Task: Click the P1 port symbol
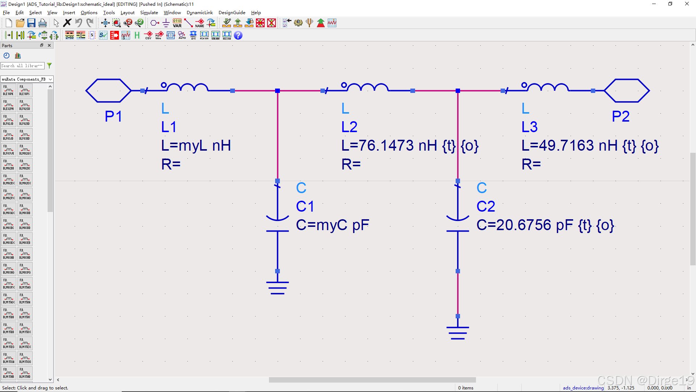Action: coord(108,90)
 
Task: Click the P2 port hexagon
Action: coord(627,90)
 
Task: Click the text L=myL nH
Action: coord(196,146)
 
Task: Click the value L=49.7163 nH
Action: coord(569,146)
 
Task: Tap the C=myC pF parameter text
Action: coord(332,225)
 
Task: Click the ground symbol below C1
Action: coord(277,287)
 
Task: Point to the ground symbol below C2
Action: coord(457,333)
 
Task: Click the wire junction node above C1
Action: coord(277,91)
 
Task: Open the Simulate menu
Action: coord(149,13)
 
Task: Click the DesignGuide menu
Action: coord(232,13)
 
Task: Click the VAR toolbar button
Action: coord(177,23)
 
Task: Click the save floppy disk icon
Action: coord(32,23)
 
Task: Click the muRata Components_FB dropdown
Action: coord(27,79)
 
